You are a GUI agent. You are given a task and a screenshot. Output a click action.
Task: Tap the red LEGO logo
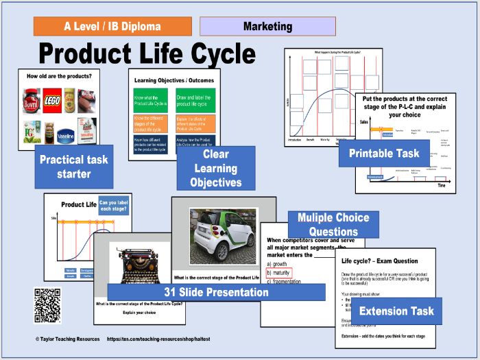51,98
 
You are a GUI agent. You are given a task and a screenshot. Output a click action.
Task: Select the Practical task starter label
73,167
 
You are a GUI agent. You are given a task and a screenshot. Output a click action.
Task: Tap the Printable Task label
383,153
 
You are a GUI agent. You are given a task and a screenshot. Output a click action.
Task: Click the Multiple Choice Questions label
333,224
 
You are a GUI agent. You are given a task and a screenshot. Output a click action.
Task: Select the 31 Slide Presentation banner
216,292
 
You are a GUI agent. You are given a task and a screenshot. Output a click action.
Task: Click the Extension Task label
396,311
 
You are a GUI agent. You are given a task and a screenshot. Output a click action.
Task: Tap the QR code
47,305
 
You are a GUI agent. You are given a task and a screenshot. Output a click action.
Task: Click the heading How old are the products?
58,76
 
